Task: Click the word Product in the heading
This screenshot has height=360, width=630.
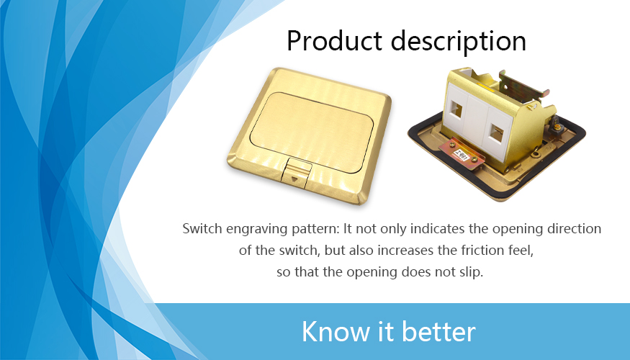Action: tap(334, 41)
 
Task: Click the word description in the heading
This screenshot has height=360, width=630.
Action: tap(459, 41)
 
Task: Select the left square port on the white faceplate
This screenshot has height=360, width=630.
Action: tap(456, 109)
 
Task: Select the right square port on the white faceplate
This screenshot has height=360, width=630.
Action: tap(497, 134)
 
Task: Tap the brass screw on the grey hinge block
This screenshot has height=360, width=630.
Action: tap(557, 127)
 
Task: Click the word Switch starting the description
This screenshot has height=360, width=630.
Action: tap(202, 229)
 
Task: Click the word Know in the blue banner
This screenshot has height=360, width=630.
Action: tap(336, 331)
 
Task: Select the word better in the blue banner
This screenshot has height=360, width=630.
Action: tap(438, 331)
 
